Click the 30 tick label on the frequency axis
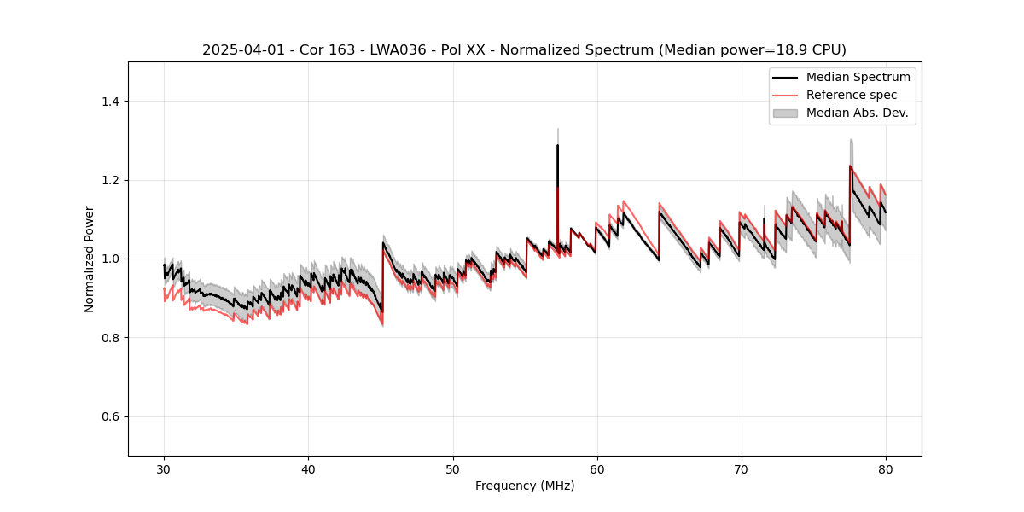point(164,469)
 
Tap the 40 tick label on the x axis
point(308,469)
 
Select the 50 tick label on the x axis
point(452,469)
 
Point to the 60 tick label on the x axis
point(597,469)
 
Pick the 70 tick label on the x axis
point(742,469)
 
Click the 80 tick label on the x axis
point(886,469)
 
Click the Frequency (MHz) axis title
point(525,486)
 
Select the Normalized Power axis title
point(90,259)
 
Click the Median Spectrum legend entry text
point(858,77)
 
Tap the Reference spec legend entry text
point(852,95)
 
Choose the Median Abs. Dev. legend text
point(857,113)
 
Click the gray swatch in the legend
point(785,113)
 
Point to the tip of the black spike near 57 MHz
point(557,145)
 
